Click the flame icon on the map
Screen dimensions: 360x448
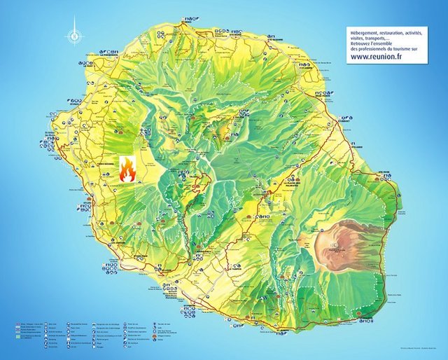tap(127, 169)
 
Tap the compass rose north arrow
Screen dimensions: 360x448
tap(74, 34)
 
